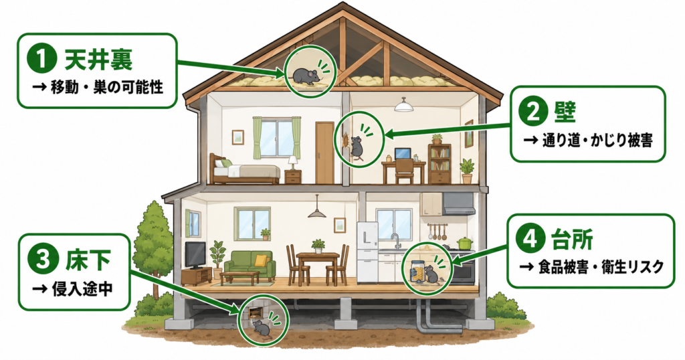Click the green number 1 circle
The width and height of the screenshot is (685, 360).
pyautogui.click(x=42, y=60)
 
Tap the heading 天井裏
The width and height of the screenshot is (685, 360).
pyautogui.click(x=98, y=60)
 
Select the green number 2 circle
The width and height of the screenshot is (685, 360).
pyautogui.click(x=532, y=112)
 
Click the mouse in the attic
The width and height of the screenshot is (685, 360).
pyautogui.click(x=306, y=75)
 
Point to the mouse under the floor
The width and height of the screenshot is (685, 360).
pyautogui.click(x=262, y=329)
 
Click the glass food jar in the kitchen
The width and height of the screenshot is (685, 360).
pyautogui.click(x=418, y=271)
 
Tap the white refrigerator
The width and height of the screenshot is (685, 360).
pyautogui.click(x=367, y=253)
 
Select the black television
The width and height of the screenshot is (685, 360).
pyautogui.click(x=195, y=255)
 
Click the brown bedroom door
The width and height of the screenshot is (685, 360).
pyautogui.click(x=324, y=153)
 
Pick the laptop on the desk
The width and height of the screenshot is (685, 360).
pyautogui.click(x=403, y=154)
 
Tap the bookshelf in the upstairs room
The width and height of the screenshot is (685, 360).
pyautogui.click(x=439, y=164)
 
